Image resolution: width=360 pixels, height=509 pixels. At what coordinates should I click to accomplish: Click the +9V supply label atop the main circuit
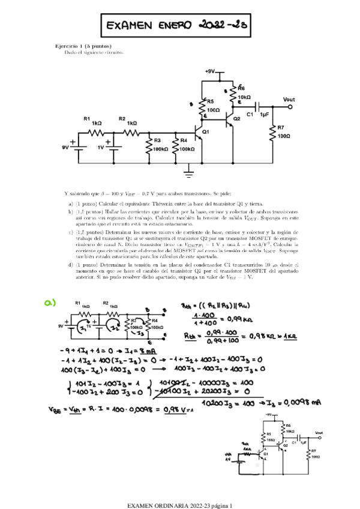(209, 71)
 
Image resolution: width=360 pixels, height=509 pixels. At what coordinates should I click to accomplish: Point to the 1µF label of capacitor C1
(265, 114)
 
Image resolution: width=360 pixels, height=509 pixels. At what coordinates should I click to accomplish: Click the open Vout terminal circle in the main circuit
(291, 106)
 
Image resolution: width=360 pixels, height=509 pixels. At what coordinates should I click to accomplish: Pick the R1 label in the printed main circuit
(87, 119)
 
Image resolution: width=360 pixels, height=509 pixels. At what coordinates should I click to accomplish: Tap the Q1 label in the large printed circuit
(206, 131)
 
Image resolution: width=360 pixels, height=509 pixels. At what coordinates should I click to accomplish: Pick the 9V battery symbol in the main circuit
(73, 146)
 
